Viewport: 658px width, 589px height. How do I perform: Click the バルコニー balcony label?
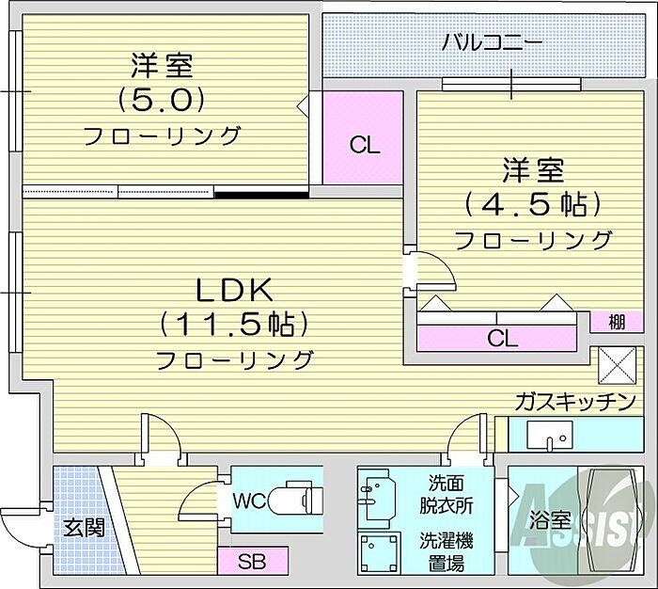coord(493,43)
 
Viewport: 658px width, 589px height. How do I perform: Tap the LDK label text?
coord(235,290)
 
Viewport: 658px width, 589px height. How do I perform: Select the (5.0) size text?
coord(161,100)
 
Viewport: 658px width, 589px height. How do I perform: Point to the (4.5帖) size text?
coord(533,204)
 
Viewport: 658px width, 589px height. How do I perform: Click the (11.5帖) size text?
coord(234,325)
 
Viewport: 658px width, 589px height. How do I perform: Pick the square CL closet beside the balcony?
coord(363,137)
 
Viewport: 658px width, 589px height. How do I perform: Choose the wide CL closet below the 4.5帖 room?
coord(496,338)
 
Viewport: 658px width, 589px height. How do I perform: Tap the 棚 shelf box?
coord(617,322)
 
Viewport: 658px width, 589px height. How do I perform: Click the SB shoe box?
coord(253,561)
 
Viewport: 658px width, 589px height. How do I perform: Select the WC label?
coord(249,501)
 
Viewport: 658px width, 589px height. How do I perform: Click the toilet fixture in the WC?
coord(296,499)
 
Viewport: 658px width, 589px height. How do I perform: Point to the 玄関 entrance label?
coord(84,528)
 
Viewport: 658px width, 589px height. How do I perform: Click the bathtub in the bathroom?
coord(611,520)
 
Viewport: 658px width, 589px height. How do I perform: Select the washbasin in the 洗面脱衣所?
coord(377,499)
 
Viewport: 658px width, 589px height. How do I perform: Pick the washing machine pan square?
coord(379,553)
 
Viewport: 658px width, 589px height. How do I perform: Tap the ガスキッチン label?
coord(575,403)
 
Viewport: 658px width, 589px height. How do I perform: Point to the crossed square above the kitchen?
coord(617,365)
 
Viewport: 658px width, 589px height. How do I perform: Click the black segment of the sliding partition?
coord(261,195)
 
